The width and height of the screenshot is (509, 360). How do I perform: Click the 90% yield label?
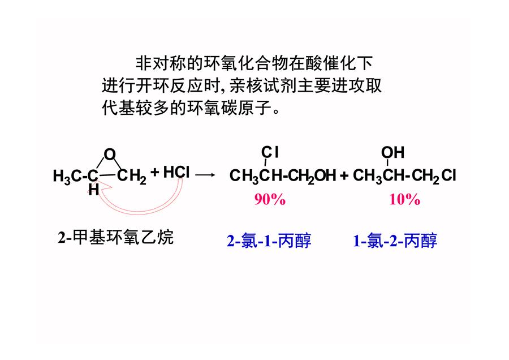click(x=270, y=199)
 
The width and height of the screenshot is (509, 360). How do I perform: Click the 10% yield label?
click(x=404, y=199)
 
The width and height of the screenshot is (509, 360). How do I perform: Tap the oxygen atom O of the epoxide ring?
click(x=110, y=155)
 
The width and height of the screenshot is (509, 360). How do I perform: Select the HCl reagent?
click(x=176, y=172)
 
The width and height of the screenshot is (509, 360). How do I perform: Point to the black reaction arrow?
click(x=205, y=175)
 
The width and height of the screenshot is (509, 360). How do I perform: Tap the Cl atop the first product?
click(x=270, y=152)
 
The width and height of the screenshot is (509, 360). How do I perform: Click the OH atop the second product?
click(x=393, y=152)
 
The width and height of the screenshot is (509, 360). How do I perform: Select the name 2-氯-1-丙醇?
click(x=269, y=241)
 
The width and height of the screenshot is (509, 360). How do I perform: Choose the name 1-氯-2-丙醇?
click(x=395, y=241)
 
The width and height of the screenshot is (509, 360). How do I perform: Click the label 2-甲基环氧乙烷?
click(x=115, y=237)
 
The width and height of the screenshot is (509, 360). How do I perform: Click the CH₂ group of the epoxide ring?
click(x=132, y=177)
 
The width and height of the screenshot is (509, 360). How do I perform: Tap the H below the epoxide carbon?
click(x=93, y=190)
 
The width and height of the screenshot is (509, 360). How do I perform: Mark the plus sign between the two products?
click(x=344, y=176)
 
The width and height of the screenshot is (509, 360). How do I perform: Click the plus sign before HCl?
click(x=155, y=172)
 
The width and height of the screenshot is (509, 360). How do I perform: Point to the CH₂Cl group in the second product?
click(x=434, y=176)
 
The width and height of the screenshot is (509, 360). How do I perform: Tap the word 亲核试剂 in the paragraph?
click(x=263, y=86)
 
